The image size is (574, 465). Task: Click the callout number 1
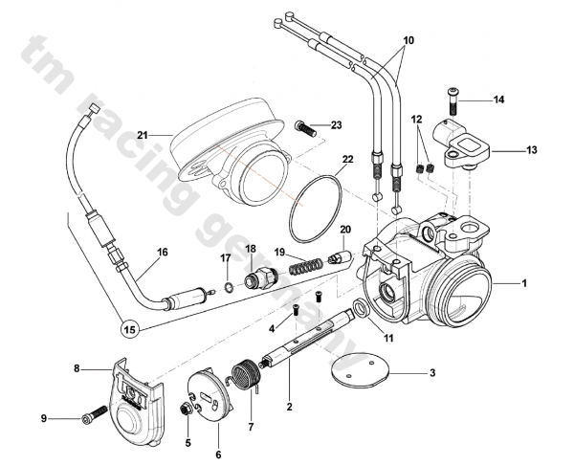pyautogui.click(x=523, y=284)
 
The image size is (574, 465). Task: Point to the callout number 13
pyautogui.click(x=532, y=149)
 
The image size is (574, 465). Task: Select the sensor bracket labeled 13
pyautogui.click(x=465, y=143)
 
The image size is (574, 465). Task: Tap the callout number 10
pyautogui.click(x=408, y=42)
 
